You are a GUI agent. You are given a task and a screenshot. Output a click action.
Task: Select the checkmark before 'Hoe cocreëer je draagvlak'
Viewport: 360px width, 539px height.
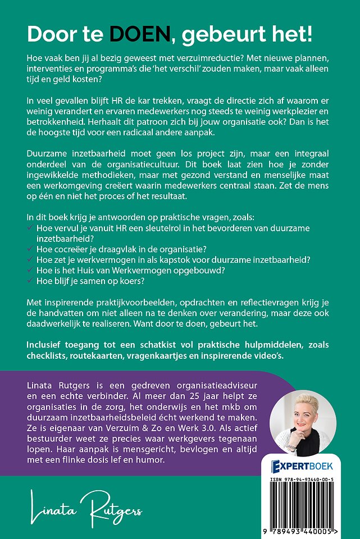point(30,248)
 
